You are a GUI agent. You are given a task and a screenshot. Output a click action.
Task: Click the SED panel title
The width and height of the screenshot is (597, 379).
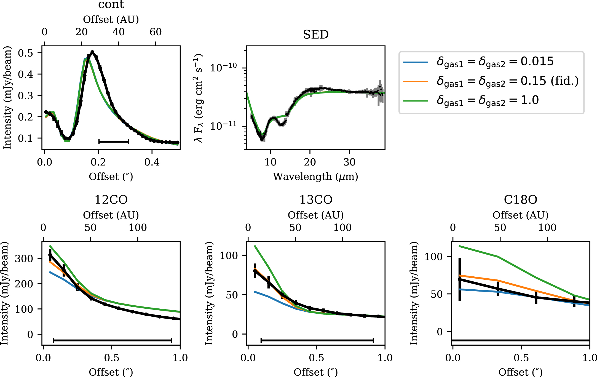click(x=316, y=35)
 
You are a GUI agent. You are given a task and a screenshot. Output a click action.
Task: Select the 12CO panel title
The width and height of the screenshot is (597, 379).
click(x=111, y=200)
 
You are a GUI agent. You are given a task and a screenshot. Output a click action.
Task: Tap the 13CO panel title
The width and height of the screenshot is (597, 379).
click(x=316, y=200)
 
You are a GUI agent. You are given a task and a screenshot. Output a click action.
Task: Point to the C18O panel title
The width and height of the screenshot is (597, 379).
click(x=521, y=200)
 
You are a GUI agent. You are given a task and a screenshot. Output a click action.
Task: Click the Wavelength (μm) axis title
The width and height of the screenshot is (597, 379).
click(x=315, y=177)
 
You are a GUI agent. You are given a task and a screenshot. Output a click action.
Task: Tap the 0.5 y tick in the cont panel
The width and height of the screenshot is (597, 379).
click(x=25, y=53)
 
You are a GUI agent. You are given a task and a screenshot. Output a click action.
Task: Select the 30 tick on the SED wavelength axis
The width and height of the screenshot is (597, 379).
click(x=349, y=162)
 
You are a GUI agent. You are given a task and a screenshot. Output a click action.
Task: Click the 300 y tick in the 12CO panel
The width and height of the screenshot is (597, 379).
click(x=24, y=259)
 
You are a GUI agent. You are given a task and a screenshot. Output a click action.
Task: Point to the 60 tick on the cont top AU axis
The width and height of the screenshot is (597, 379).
click(x=156, y=32)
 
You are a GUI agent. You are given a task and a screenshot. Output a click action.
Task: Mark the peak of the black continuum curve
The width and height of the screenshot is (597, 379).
click(x=92, y=52)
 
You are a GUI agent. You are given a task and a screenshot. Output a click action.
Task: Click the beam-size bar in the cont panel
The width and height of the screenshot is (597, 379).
click(x=114, y=142)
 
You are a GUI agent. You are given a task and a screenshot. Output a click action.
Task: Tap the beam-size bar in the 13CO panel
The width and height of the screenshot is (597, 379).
click(x=317, y=340)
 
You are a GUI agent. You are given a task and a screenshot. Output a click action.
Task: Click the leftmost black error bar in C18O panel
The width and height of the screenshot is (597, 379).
click(x=460, y=279)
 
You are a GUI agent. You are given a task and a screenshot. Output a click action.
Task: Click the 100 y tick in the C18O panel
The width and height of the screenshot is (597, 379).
click(x=433, y=257)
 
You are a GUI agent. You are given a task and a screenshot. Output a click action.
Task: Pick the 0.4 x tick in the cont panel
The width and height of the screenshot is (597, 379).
click(x=152, y=162)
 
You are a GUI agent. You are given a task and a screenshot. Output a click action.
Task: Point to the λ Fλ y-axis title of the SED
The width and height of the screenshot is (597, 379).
click(x=199, y=98)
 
